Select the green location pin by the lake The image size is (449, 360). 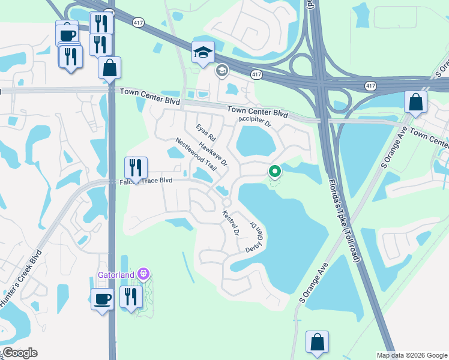tap(274, 172)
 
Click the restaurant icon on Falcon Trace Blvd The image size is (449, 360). tap(136, 167)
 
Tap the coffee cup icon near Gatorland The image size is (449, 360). tap(102, 298)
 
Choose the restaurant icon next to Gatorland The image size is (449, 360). tap(130, 296)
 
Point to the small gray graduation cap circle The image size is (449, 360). tap(221, 71)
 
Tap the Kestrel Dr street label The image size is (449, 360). tap(231, 222)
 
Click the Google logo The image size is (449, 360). tap(19, 353)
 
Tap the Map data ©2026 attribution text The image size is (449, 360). tap(411, 355)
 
